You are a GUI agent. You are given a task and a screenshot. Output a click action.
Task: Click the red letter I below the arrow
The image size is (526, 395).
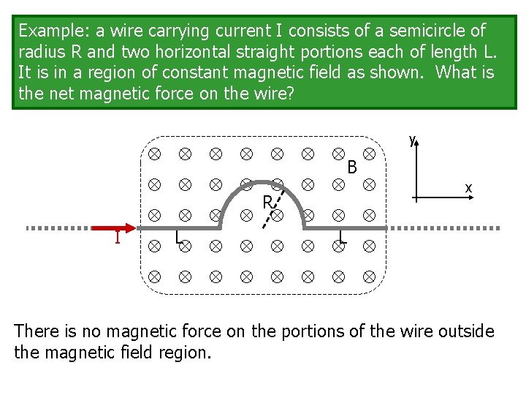coord(117,239)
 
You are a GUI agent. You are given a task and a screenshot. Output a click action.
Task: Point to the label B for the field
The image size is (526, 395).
coord(352,168)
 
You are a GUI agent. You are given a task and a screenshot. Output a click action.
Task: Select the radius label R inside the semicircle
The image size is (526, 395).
coord(267,202)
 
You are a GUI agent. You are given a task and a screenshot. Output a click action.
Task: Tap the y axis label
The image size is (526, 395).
coord(412,139)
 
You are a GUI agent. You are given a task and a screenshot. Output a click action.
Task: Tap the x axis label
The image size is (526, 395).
coord(468,189)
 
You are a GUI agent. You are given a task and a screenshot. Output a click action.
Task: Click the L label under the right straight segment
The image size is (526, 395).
coord(343,238)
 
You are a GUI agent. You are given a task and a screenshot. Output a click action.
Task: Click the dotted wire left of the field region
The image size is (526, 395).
coord(58,228)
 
